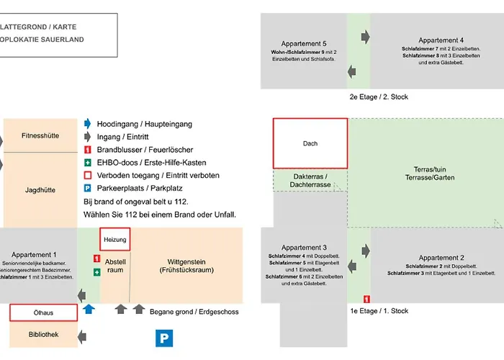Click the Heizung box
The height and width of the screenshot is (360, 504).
115,239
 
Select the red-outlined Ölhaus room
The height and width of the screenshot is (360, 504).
42,312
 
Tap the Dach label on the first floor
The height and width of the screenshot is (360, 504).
310,143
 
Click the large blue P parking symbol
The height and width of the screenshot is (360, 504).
166,338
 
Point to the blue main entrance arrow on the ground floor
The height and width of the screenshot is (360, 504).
89,309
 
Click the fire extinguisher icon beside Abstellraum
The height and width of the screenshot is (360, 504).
96,258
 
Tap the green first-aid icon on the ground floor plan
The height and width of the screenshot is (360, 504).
96,272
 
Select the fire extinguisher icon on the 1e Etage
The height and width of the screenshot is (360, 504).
366,298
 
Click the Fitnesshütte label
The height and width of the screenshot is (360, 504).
40,135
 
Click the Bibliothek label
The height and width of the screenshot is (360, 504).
42,334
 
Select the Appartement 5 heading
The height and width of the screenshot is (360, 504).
304,43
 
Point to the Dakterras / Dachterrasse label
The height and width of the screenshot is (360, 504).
310,181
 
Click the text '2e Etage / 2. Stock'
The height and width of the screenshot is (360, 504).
379,96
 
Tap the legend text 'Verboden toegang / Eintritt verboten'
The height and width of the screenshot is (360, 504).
158,175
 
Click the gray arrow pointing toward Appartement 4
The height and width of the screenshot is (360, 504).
365,35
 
